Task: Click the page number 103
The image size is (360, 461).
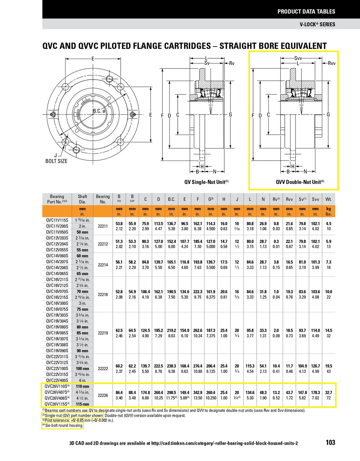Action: pos(330,443)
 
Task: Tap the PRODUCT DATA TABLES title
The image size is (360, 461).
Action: pos(306,12)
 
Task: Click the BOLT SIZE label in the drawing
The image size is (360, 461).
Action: pos(56,161)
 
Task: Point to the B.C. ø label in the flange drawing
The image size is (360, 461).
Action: pos(99,111)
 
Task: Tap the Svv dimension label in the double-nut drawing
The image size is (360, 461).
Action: pos(298,58)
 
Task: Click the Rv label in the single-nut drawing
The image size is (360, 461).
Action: pos(232,63)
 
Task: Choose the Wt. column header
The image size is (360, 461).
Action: pos(328,199)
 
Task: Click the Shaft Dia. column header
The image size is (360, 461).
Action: pos(82,199)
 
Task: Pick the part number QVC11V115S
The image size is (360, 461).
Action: pos(57,220)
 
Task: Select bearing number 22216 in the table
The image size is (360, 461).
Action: pos(103,294)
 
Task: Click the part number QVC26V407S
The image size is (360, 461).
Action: pos(57,392)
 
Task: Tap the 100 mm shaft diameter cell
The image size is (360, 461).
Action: pos(82,368)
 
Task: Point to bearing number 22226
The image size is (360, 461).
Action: pos(103,395)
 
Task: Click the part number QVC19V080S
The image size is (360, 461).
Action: pos(57,327)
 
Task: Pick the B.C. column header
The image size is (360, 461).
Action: pos(171,199)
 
